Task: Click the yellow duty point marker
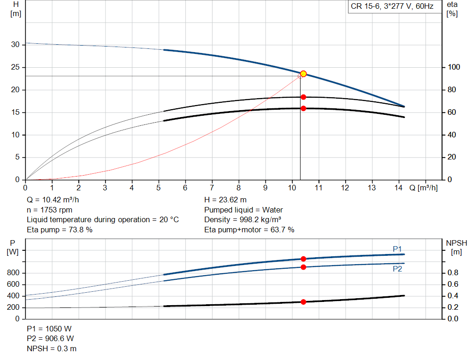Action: coord(303,74)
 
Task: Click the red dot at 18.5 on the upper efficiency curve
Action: coord(303,97)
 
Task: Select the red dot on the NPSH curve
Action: coord(303,302)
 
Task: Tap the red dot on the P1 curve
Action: coord(303,259)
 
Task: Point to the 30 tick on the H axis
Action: coord(16,45)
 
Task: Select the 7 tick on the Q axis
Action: coord(212,188)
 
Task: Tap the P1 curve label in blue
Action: coord(397,249)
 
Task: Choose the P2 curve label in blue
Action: coord(397,269)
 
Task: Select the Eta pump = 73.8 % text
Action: coord(59,230)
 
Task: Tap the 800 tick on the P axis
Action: coord(14,273)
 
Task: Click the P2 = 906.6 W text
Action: coord(50,339)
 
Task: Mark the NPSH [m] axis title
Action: coord(456,247)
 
